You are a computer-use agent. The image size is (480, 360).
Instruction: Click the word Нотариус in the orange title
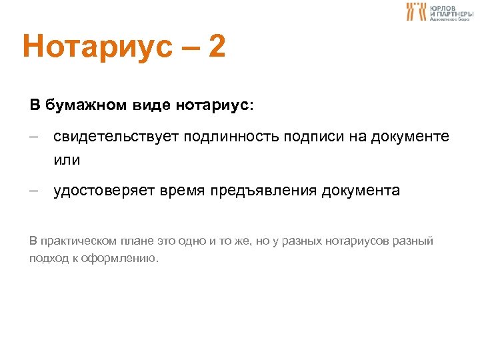click(94, 47)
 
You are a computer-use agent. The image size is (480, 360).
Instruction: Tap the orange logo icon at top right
click(416, 11)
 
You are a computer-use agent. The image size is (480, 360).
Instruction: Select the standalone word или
click(67, 161)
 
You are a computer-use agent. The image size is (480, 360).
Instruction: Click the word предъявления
click(263, 191)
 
